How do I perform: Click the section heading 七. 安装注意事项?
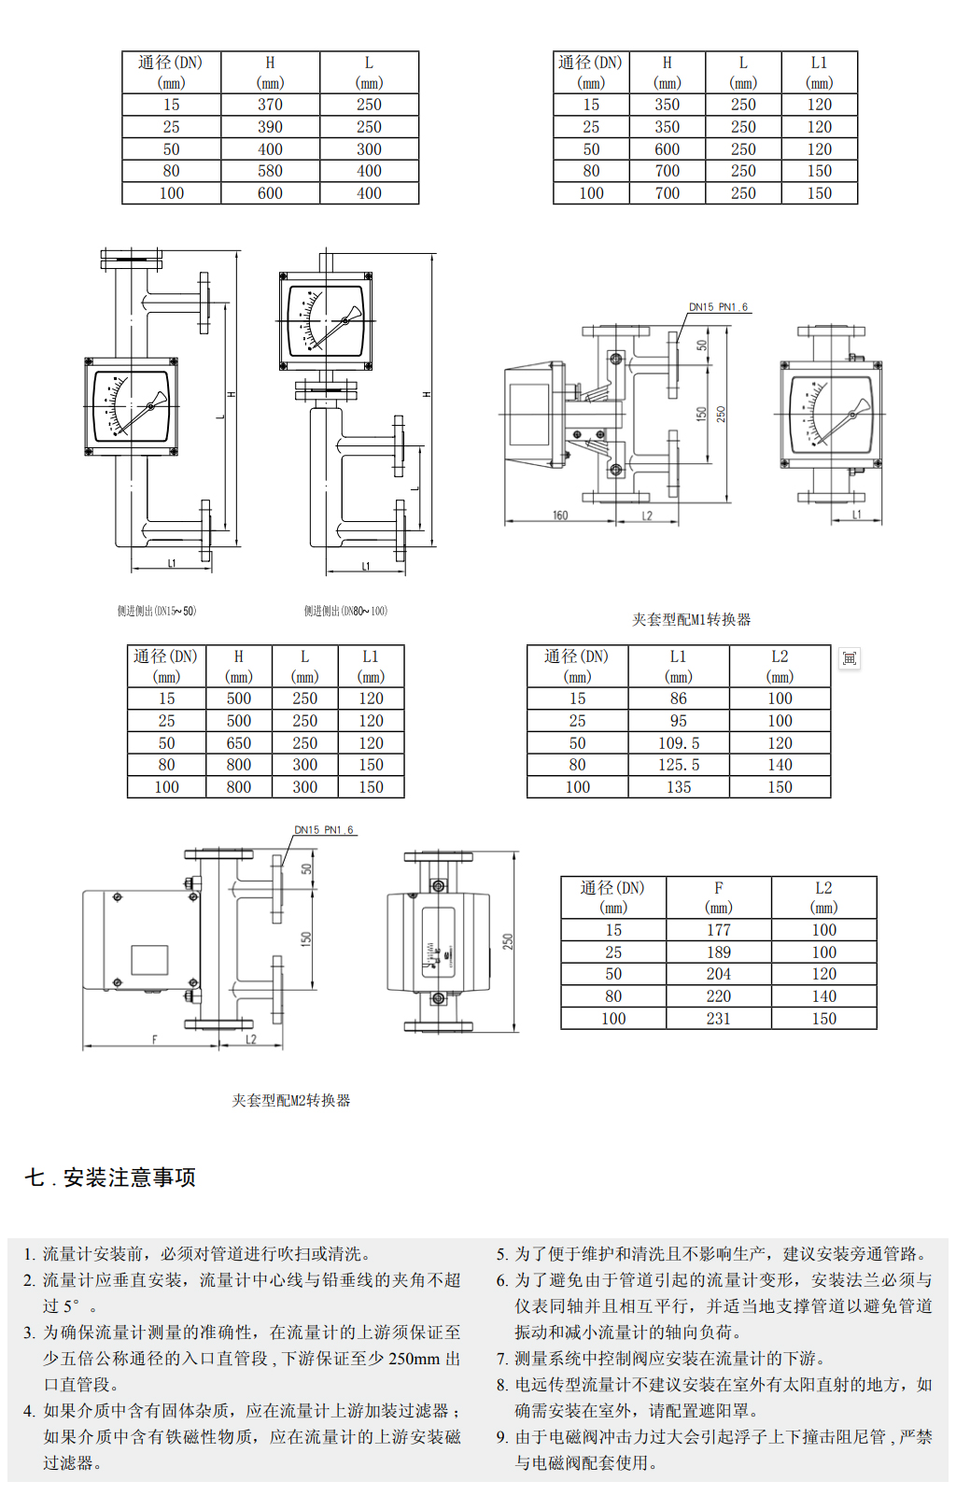tap(110, 1178)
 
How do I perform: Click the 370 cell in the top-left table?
tap(270, 105)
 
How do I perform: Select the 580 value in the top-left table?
tap(270, 171)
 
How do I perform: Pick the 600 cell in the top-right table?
tap(667, 149)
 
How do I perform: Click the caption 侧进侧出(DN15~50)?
tap(157, 612)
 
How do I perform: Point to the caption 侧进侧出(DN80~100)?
tap(345, 612)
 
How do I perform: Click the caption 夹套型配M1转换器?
tap(691, 619)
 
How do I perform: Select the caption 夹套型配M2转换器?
tap(291, 1100)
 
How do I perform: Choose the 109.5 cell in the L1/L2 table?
tap(679, 743)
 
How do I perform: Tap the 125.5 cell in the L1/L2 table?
tap(679, 765)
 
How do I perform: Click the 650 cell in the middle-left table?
tap(239, 743)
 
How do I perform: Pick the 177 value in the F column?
tap(719, 930)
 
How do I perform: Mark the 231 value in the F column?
tap(719, 1019)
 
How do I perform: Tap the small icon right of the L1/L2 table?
tap(849, 658)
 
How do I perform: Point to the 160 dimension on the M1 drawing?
tap(560, 515)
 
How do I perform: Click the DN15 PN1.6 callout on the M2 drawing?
tap(324, 830)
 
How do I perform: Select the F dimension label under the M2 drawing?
tap(155, 1039)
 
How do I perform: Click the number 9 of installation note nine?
tap(501, 1437)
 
